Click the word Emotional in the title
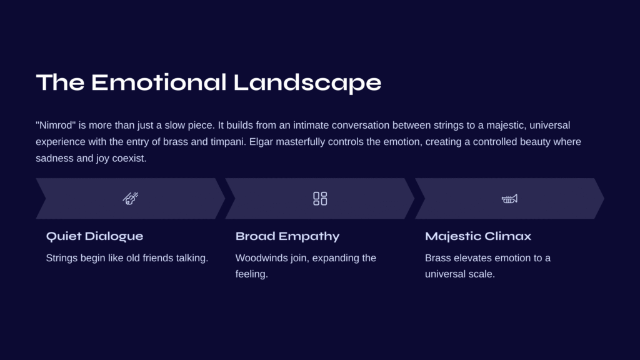[x=158, y=82]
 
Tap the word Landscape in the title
[x=307, y=83]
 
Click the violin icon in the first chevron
[x=131, y=198]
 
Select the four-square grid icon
[x=320, y=198]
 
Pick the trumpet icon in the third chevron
[x=509, y=199]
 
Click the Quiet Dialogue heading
[x=95, y=236]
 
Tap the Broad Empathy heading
[x=287, y=236]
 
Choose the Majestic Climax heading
[x=478, y=236]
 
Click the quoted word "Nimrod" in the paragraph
[x=56, y=125]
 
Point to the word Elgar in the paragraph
[x=261, y=142]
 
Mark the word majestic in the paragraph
[x=505, y=125]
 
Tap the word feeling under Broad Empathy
[x=251, y=274]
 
